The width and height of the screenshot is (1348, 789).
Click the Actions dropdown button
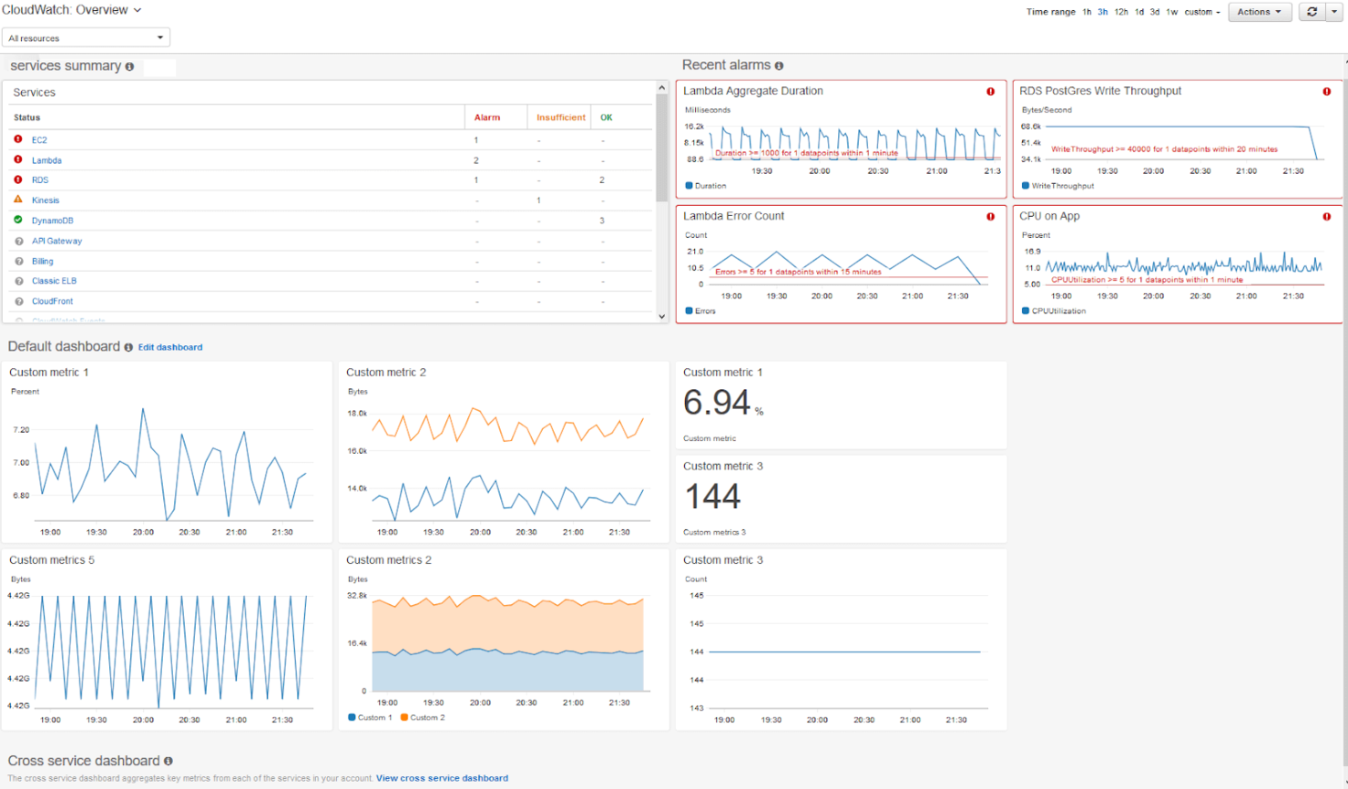1259,12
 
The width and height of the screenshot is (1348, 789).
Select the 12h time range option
1120,12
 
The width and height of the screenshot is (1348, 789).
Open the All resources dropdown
86,38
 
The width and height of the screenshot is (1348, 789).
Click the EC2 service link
39,140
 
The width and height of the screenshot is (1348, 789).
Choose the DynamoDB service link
52,220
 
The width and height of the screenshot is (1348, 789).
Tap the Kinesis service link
46,200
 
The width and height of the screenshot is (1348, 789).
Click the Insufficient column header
560,118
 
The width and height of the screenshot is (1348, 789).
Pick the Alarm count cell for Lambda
476,160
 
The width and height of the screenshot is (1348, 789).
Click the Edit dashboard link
170,347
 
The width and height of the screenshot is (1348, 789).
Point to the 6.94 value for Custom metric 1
717,403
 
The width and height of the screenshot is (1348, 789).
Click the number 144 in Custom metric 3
712,497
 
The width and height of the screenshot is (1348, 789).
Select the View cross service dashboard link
442,778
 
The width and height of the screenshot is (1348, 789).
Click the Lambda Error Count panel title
733,216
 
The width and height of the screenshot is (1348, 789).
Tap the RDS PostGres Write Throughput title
1099,91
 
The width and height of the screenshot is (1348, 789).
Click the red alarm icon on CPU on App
1326,217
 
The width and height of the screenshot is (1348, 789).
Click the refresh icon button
1312,12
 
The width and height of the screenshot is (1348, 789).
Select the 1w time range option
1171,12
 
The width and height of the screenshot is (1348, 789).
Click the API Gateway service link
56,241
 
